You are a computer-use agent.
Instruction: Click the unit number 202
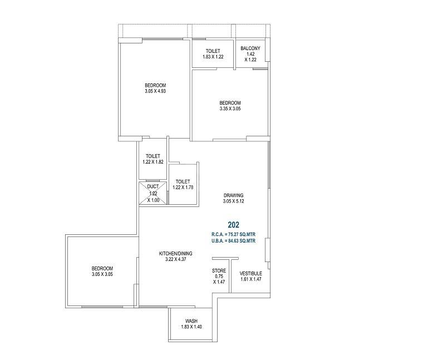click(x=234, y=225)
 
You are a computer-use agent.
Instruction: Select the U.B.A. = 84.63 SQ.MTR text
click(x=234, y=241)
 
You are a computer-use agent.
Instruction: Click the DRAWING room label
click(x=234, y=195)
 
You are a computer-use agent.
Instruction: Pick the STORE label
click(x=219, y=270)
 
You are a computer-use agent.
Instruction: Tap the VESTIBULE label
click(x=251, y=273)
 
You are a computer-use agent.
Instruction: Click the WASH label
click(x=191, y=320)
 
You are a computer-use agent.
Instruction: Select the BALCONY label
click(x=250, y=48)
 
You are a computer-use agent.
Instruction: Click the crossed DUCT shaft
click(x=153, y=193)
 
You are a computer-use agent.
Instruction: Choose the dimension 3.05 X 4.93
click(x=155, y=91)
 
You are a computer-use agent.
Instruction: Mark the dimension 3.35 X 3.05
click(x=230, y=109)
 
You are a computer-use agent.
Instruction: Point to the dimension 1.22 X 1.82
click(x=153, y=162)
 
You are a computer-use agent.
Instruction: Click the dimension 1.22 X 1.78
click(x=183, y=188)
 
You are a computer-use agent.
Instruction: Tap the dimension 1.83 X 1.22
click(x=213, y=57)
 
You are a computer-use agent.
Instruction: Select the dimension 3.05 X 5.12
click(x=234, y=201)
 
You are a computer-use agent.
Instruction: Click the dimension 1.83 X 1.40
click(x=191, y=327)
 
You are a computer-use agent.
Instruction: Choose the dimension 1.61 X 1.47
click(x=251, y=279)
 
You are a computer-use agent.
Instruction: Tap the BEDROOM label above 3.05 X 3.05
click(x=102, y=268)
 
